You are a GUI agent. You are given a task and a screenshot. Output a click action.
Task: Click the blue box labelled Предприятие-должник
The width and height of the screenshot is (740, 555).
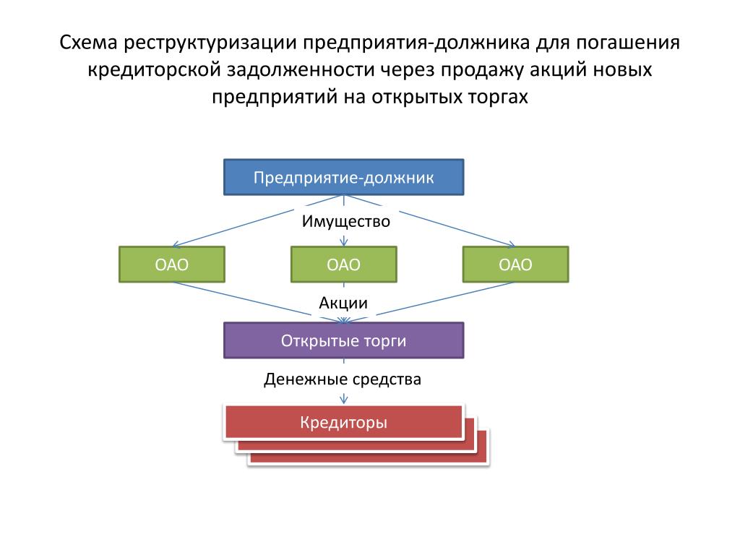[343, 177]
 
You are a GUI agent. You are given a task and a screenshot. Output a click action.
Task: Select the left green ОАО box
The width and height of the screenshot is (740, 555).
[172, 264]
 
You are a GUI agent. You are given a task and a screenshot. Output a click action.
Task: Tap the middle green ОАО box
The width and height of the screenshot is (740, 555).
[343, 264]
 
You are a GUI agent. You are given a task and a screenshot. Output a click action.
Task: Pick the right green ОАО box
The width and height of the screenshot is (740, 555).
[515, 264]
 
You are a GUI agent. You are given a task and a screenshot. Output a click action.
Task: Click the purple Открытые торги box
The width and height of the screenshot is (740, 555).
[343, 340]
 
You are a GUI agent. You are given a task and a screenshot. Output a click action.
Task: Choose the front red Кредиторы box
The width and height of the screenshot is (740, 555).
[343, 422]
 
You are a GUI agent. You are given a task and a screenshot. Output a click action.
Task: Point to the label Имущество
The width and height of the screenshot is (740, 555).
[346, 221]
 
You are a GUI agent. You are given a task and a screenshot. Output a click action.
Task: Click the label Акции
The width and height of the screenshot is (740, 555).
[343, 303]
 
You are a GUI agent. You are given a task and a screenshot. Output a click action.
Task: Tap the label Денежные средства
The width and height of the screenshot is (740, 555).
[342, 379]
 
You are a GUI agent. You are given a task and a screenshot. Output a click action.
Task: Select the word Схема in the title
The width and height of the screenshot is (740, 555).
[88, 43]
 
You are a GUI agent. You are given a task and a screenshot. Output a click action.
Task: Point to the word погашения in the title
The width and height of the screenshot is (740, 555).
[628, 43]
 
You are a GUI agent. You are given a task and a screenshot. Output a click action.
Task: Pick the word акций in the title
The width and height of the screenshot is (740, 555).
[558, 70]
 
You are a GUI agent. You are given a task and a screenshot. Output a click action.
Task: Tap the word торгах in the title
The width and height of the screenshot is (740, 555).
[498, 98]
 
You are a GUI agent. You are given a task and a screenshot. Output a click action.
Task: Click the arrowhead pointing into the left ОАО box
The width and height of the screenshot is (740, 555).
[176, 244]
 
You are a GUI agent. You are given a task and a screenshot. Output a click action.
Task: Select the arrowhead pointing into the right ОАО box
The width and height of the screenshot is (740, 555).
[511, 244]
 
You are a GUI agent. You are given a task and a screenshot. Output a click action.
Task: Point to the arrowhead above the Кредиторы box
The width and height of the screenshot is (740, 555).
[343, 400]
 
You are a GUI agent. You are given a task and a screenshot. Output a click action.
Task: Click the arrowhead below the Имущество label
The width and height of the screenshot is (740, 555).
[343, 241]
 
